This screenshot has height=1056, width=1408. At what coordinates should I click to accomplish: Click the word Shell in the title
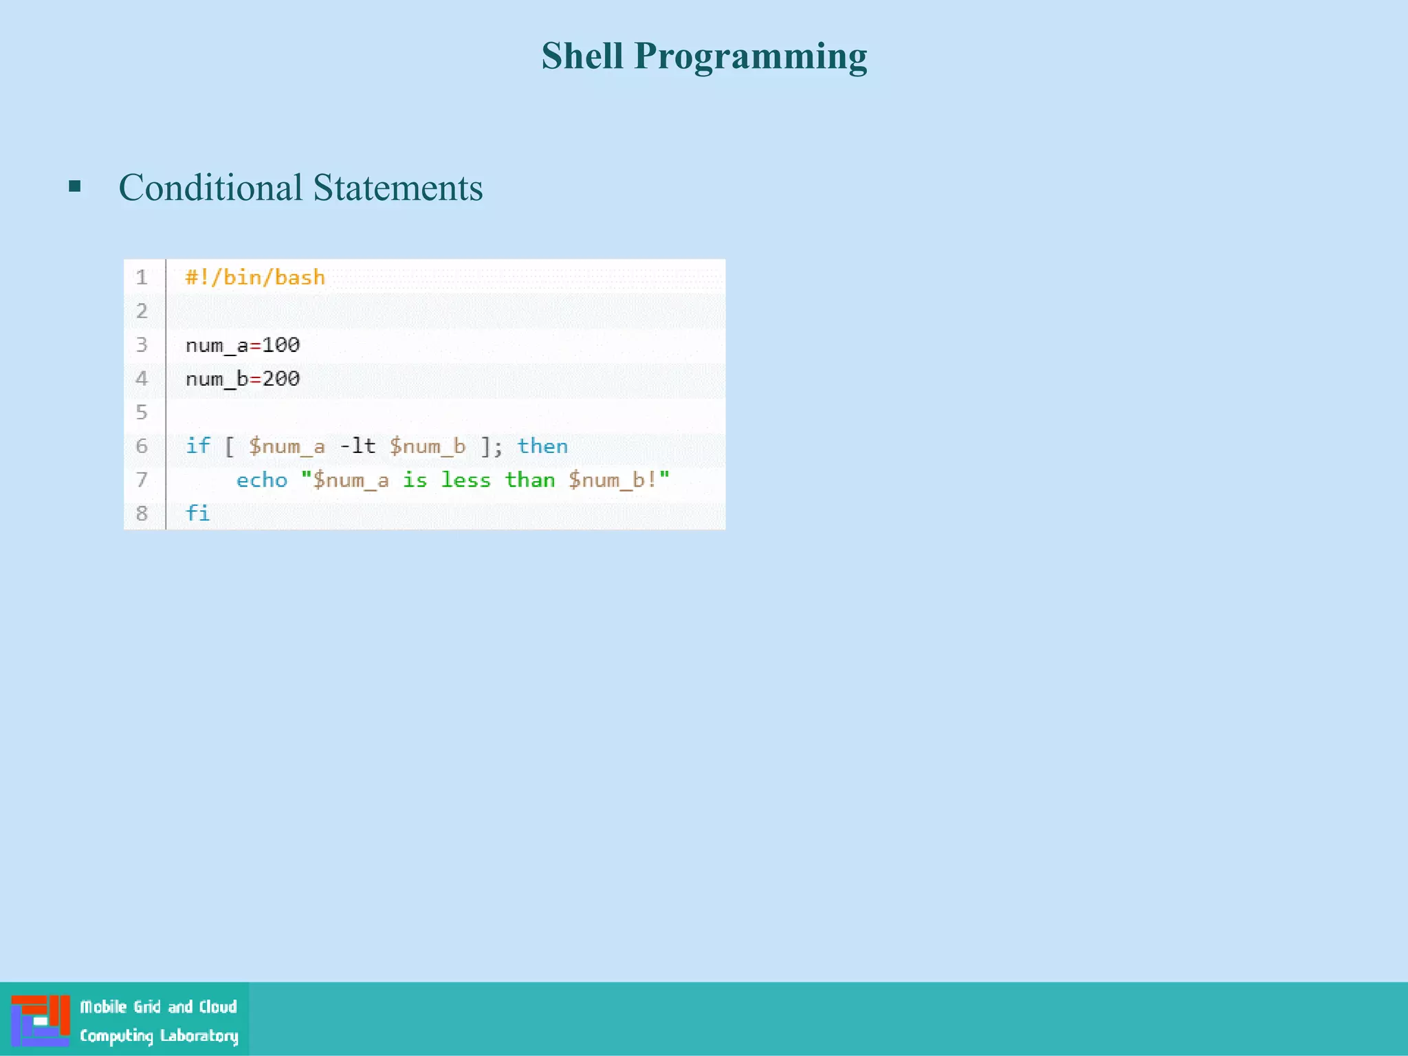point(582,56)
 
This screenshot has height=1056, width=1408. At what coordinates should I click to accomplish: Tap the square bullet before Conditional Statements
point(75,186)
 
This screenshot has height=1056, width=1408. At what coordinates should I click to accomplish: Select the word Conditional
point(210,188)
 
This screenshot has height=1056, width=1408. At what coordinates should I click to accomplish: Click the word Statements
point(398,188)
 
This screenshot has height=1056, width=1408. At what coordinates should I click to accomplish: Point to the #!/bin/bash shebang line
point(255,277)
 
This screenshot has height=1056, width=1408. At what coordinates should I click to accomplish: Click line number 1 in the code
point(142,277)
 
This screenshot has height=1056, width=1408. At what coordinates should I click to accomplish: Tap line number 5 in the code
point(142,412)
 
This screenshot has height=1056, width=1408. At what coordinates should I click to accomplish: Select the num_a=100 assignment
point(243,344)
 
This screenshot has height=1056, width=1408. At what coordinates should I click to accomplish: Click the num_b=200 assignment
point(243,378)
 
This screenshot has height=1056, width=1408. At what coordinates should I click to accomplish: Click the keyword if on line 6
point(197,445)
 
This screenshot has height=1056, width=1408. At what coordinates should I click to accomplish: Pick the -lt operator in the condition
point(357,445)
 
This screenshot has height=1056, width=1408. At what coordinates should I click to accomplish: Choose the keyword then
point(542,445)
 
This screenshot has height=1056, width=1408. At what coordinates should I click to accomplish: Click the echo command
point(261,479)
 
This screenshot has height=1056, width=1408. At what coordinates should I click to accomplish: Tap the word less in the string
point(465,479)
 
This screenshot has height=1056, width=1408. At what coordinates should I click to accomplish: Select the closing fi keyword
point(197,513)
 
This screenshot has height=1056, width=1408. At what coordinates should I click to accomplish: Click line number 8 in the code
point(142,513)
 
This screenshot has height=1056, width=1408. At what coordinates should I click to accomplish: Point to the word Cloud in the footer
point(218,1006)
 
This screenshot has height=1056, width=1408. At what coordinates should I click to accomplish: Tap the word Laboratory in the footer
point(199,1035)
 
